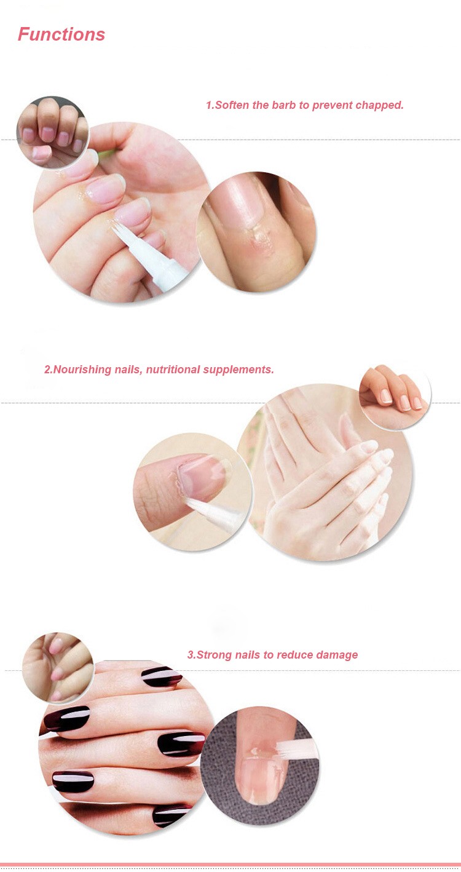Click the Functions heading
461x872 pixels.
click(x=61, y=34)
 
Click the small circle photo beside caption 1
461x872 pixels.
click(x=52, y=132)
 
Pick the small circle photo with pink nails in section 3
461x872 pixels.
click(x=58, y=668)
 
